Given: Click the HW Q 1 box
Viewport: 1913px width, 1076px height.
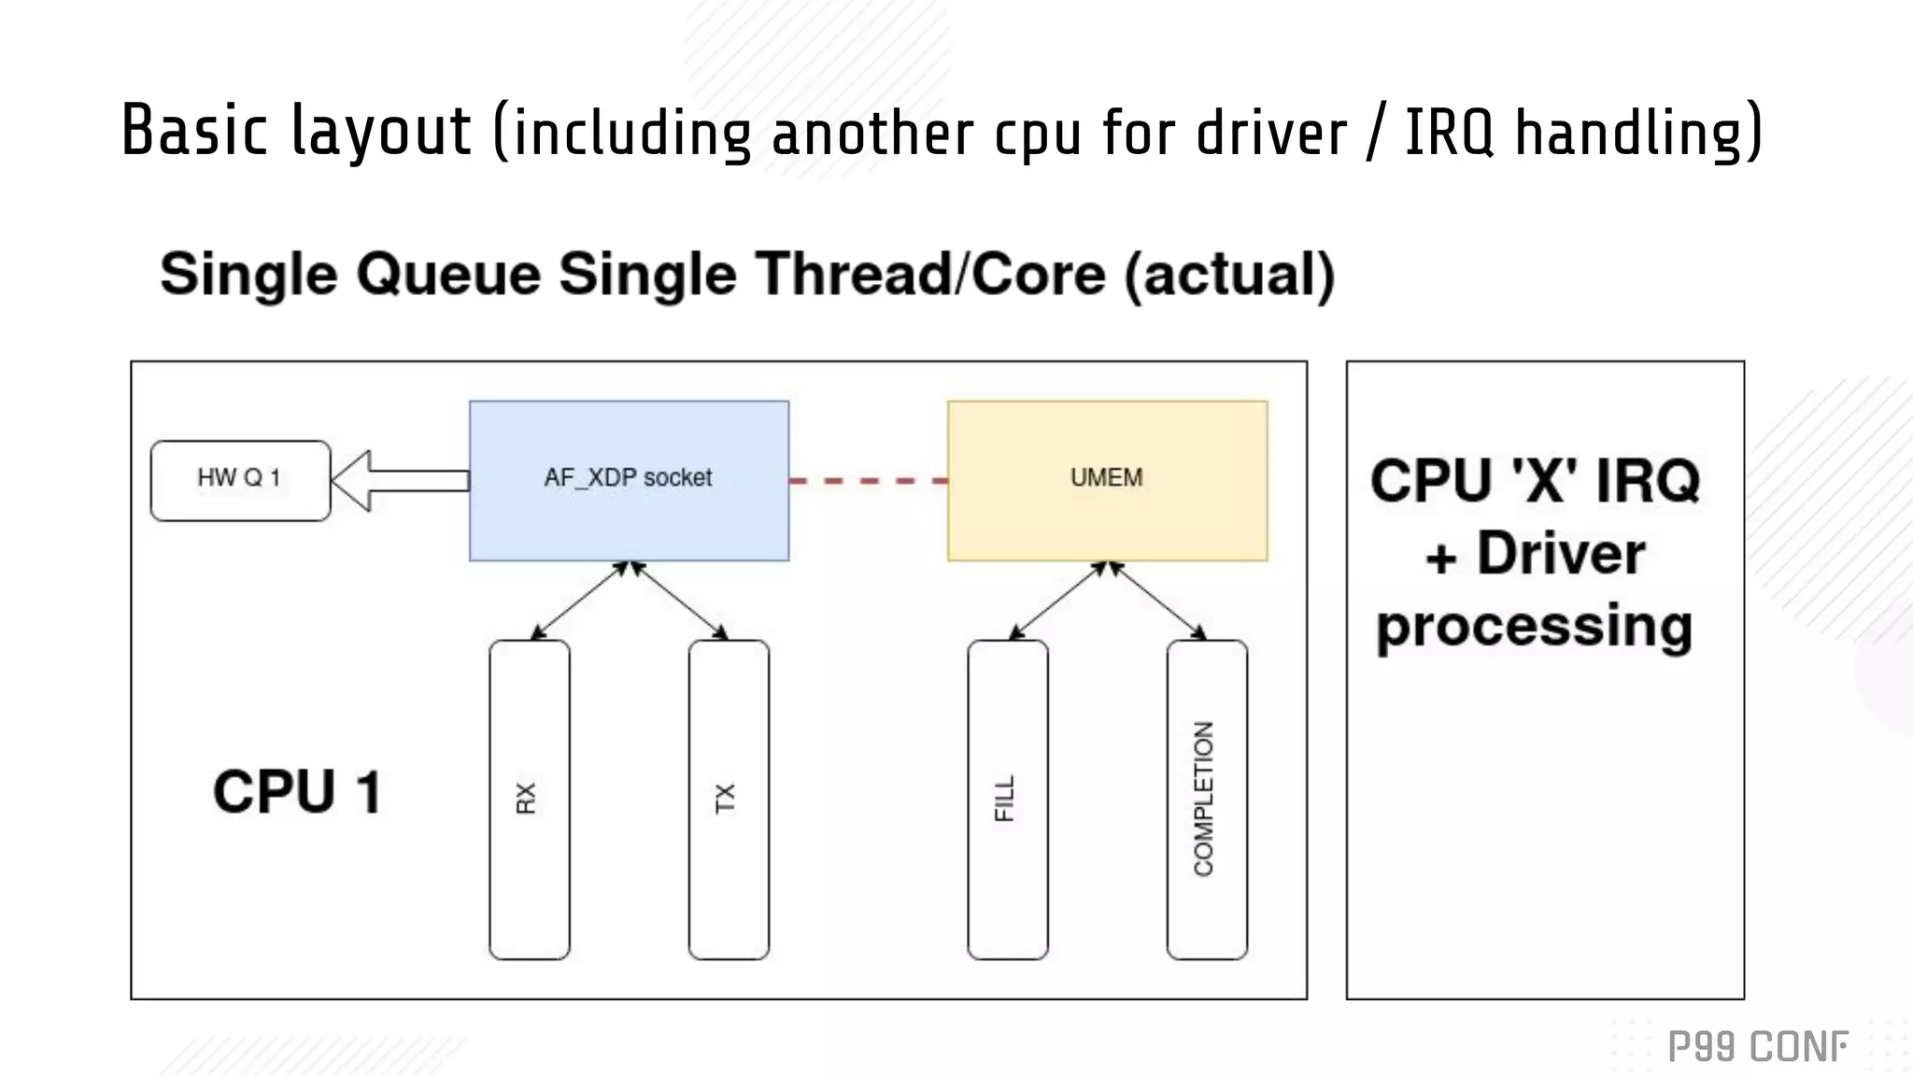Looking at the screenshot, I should pyautogui.click(x=240, y=480).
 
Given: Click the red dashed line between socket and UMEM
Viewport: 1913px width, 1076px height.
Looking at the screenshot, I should pyautogui.click(x=868, y=481).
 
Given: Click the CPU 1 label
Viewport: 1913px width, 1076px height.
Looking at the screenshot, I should pyautogui.click(x=297, y=792).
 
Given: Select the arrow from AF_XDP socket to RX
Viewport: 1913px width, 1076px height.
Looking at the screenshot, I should pyautogui.click(x=579, y=602).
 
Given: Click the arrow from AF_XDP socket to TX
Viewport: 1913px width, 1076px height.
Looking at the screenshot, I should pyautogui.click(x=679, y=602).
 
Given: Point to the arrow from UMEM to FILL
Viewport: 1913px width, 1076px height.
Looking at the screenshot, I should pyautogui.click(x=1057, y=602).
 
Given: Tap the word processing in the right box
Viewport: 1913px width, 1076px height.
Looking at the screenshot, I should pyautogui.click(x=1534, y=626).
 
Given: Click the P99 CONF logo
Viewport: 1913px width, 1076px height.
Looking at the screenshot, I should pyautogui.click(x=1758, y=1047).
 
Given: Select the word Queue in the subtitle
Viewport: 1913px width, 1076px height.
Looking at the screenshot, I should pyautogui.click(x=449, y=275).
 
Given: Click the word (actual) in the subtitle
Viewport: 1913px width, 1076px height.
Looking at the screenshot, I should pyautogui.click(x=1229, y=275).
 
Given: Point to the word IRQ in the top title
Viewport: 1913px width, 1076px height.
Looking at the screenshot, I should pyautogui.click(x=1449, y=133).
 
